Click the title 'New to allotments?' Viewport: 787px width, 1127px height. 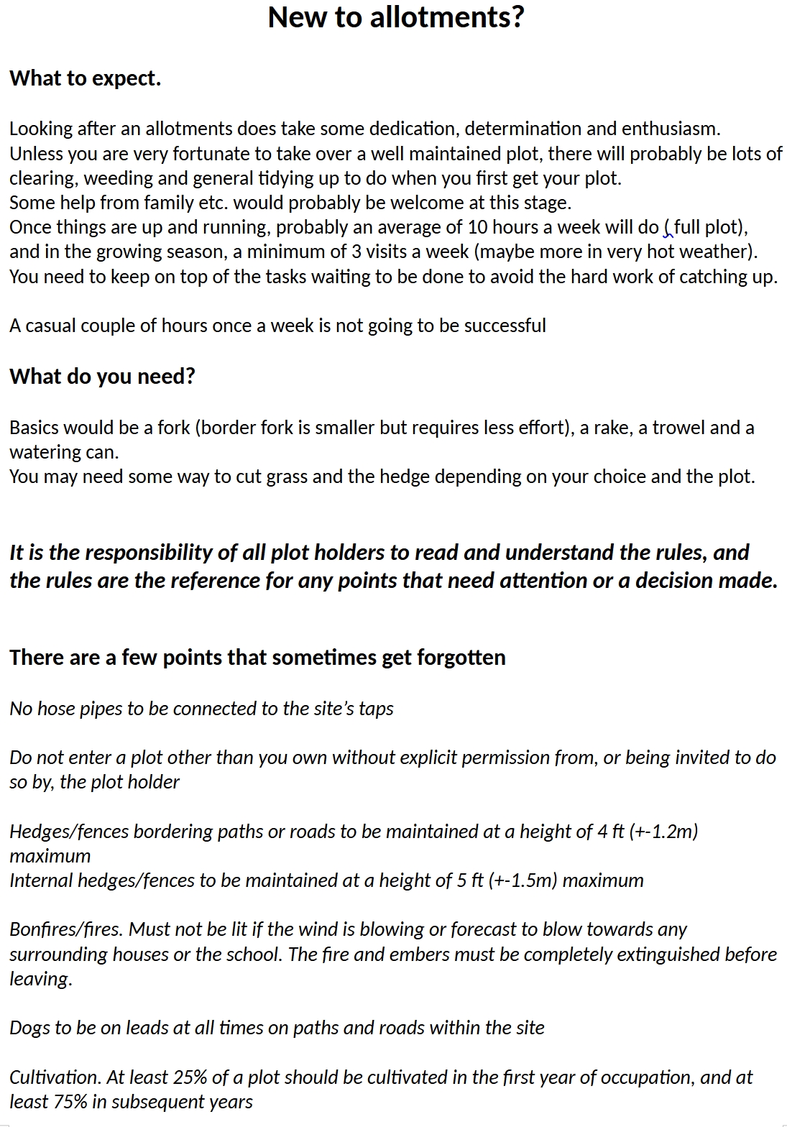[396, 17]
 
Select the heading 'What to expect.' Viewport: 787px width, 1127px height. [85, 78]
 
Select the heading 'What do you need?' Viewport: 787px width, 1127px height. [102, 377]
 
